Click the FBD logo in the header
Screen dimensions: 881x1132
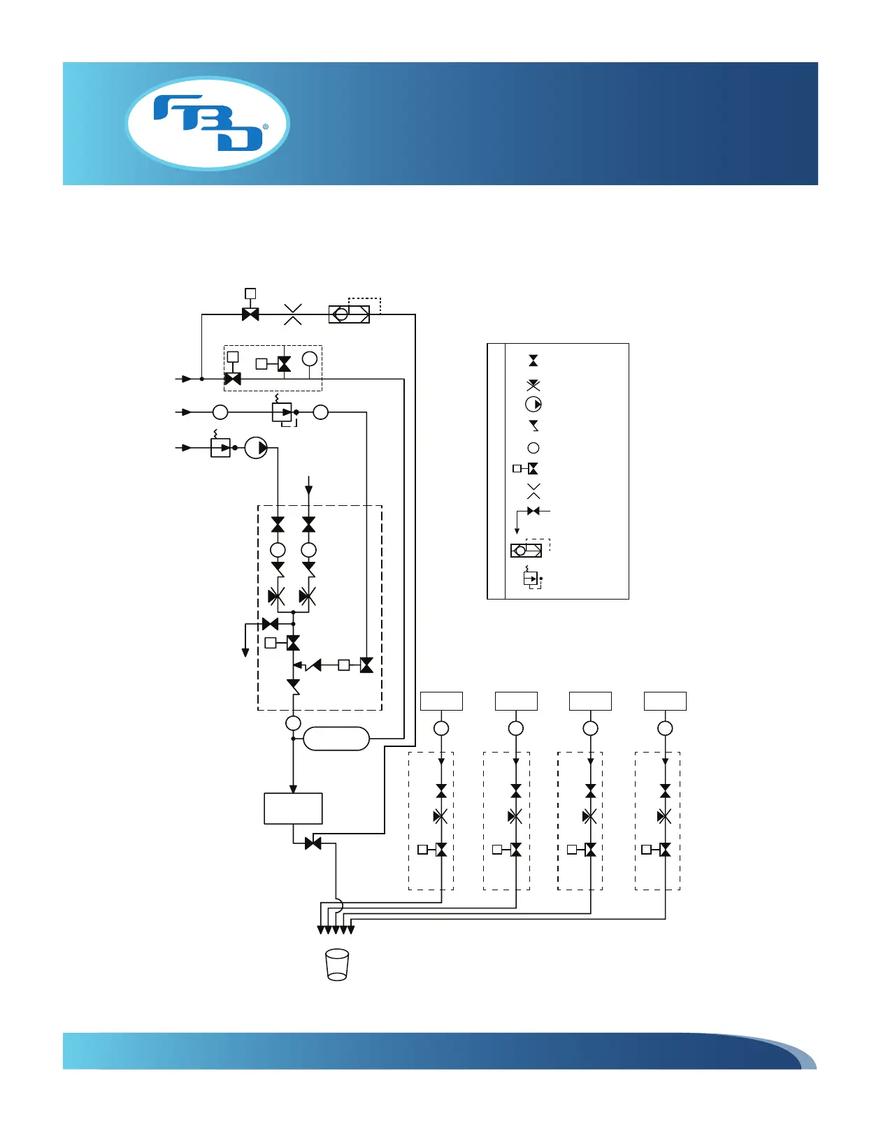(x=208, y=123)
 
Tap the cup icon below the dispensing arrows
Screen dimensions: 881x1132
(x=337, y=964)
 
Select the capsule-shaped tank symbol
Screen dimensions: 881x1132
(x=336, y=739)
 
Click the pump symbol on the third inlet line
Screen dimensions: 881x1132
(x=257, y=447)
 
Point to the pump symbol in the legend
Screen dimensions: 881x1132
(x=533, y=405)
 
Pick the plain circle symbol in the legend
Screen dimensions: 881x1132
(x=533, y=448)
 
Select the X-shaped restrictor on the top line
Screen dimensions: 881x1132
(x=293, y=314)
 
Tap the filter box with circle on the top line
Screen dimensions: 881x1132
(x=349, y=314)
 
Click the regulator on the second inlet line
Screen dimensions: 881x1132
(x=282, y=412)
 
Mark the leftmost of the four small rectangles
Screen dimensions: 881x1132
(x=441, y=701)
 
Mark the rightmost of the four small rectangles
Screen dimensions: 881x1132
(x=665, y=701)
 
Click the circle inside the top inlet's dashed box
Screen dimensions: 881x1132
(x=310, y=359)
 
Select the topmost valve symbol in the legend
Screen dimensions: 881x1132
(x=533, y=361)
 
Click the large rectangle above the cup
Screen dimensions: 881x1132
(x=293, y=808)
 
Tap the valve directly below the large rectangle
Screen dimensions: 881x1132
(x=313, y=843)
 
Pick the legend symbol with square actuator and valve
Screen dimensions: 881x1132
(x=527, y=469)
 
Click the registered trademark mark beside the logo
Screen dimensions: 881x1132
(x=266, y=127)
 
